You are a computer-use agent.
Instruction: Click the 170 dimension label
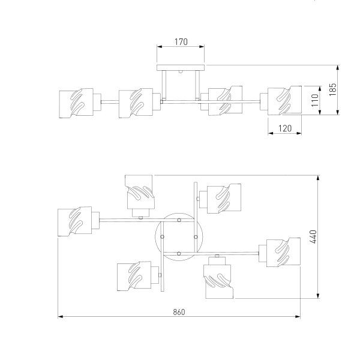181,42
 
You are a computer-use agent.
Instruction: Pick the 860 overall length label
179,311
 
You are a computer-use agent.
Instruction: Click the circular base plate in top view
178,238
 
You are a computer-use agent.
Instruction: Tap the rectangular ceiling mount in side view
180,67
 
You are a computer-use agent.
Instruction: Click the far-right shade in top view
280,253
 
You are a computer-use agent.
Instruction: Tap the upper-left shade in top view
139,191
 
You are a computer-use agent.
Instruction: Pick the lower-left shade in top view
134,276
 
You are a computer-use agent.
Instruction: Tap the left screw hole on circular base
162,238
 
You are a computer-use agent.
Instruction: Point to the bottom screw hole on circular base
179,254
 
